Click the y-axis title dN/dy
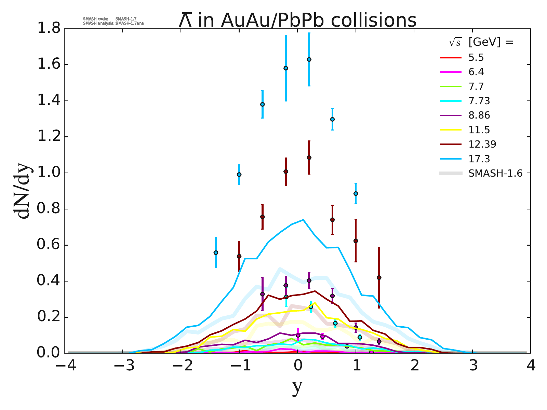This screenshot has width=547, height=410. [23, 191]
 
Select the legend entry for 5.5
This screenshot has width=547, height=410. [476, 58]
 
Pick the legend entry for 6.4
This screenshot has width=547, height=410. [476, 72]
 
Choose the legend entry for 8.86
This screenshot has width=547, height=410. [479, 115]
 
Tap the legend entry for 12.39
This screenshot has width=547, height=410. [482, 144]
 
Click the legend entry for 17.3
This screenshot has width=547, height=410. [479, 159]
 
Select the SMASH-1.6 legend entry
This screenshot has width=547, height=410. [495, 174]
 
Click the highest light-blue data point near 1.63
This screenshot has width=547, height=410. [309, 59]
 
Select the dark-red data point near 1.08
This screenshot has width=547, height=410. [309, 158]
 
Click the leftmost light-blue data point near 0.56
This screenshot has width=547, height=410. [216, 252]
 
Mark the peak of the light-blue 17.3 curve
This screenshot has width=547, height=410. [303, 220]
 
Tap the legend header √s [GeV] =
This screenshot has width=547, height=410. [481, 42]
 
